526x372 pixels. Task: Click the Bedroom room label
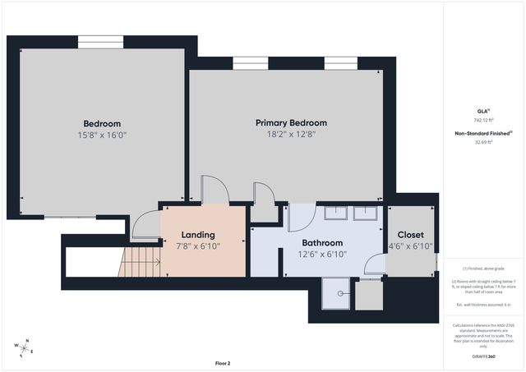click(101, 123)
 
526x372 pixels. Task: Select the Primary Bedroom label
click(290, 122)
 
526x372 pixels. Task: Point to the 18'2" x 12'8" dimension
click(290, 134)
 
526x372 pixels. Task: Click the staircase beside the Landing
click(139, 263)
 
